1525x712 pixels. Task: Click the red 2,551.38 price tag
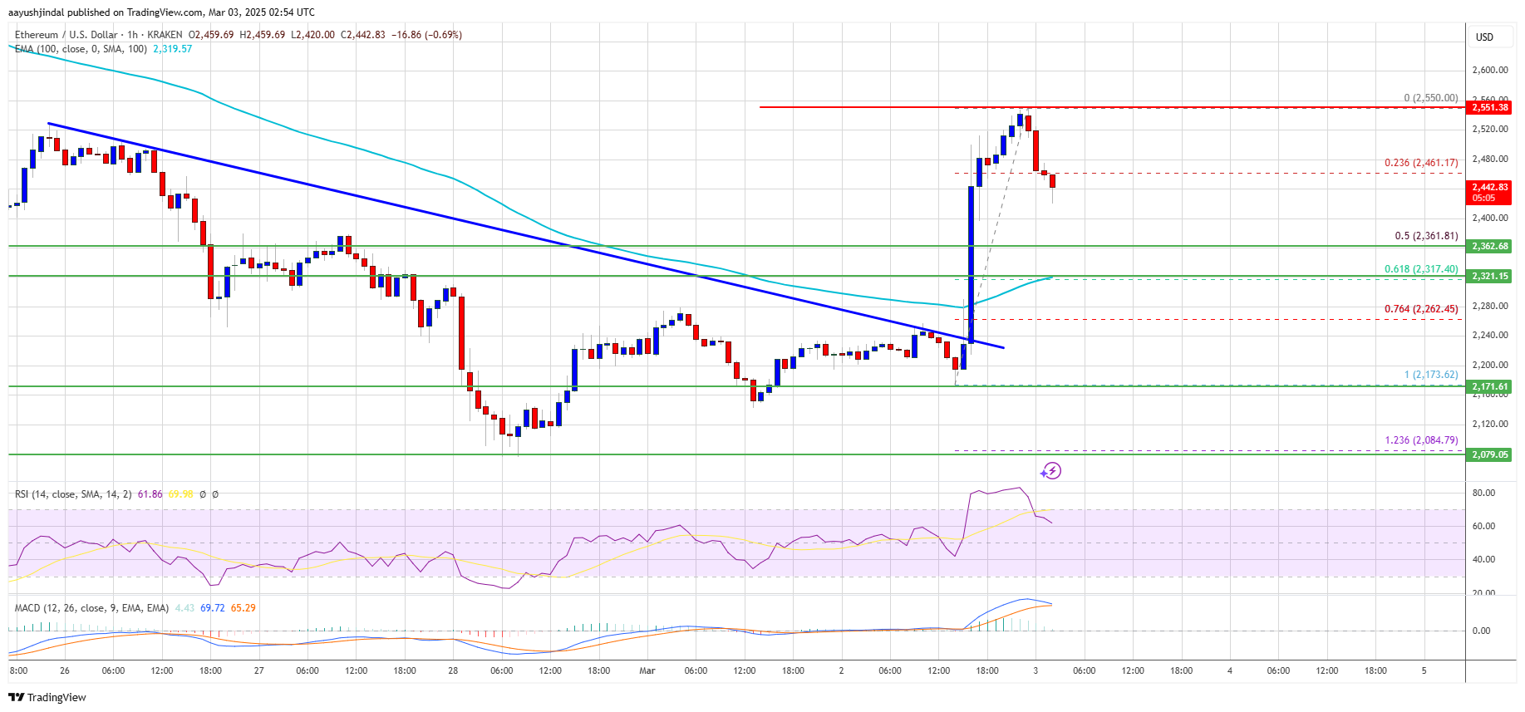[x=1489, y=107]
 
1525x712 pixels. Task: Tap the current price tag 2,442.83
[x=1489, y=192]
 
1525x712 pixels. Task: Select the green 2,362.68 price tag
[x=1489, y=246]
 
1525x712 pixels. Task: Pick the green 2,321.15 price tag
[x=1489, y=276]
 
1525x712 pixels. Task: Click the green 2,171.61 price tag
[x=1489, y=386]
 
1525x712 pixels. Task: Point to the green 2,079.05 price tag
[x=1489, y=454]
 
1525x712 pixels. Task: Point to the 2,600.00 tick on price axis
[x=1489, y=71]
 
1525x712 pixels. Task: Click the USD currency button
[x=1484, y=37]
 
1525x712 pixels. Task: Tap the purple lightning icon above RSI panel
[x=1051, y=471]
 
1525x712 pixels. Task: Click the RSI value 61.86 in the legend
[x=150, y=494]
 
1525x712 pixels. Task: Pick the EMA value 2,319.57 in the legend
[x=172, y=49]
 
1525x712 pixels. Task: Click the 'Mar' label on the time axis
[x=647, y=670]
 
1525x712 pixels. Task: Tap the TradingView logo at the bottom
[x=47, y=697]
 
